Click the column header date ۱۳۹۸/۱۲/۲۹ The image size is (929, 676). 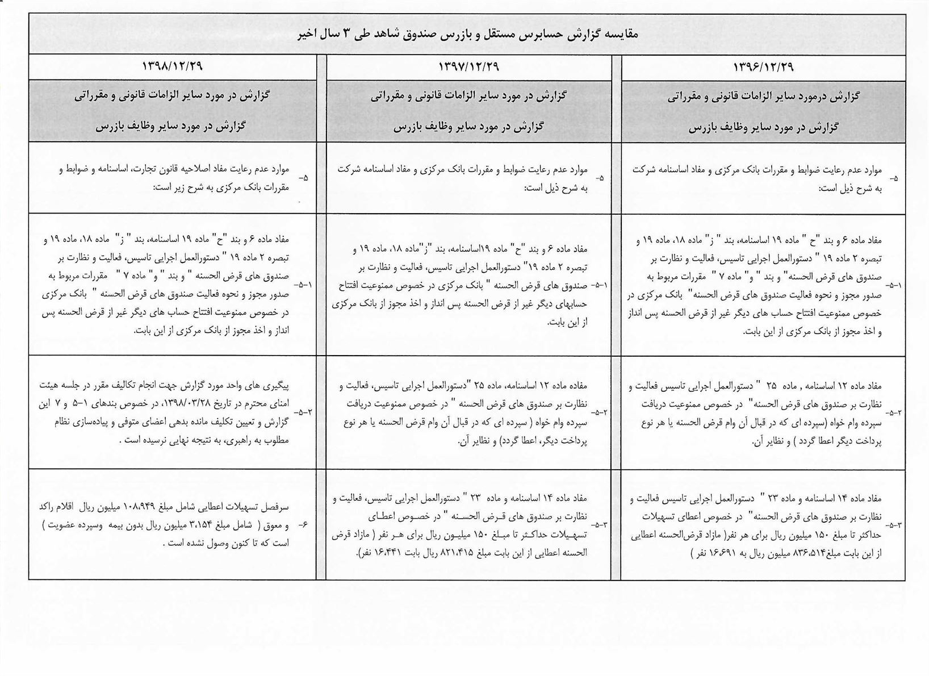click(172, 66)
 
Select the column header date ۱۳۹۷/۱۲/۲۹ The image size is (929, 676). click(468, 66)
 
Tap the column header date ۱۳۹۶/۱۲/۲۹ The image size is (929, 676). click(764, 67)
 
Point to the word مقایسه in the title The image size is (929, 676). click(621, 35)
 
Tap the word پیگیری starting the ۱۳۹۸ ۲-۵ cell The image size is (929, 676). click(277, 384)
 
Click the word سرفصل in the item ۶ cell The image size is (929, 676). click(278, 506)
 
